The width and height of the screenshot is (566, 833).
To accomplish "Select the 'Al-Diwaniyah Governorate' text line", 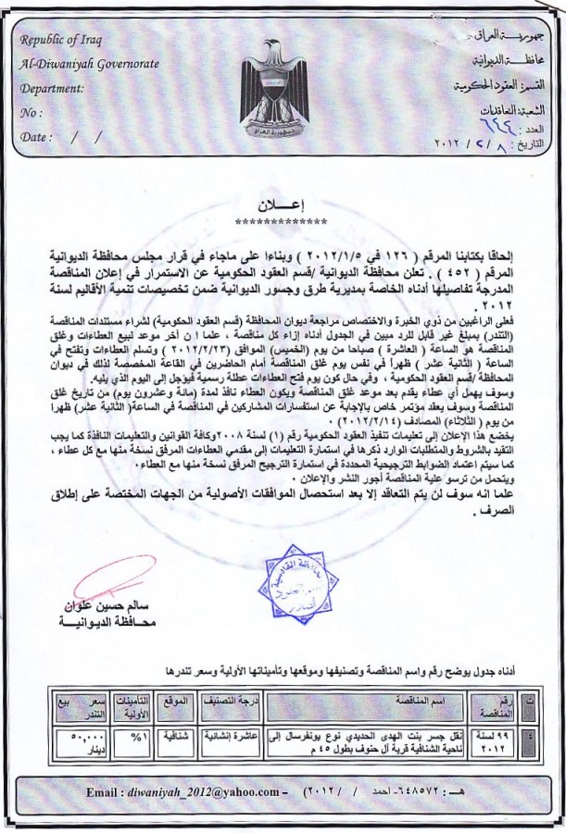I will pyautogui.click(x=89, y=64).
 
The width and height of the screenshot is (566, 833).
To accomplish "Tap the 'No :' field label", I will pyautogui.click(x=31, y=113).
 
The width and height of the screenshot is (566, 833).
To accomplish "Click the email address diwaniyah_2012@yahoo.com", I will pyautogui.click(x=211, y=792).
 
